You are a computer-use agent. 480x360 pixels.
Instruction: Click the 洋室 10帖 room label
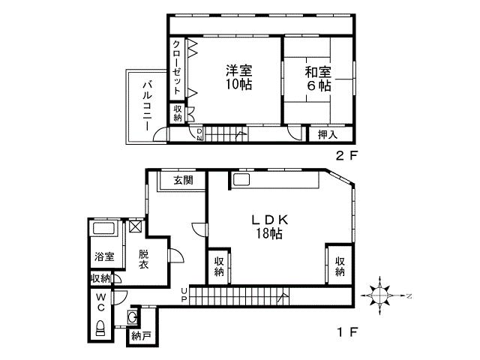(238, 77)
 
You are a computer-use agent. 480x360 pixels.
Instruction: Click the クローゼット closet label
(176, 65)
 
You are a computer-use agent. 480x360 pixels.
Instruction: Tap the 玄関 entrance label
(183, 180)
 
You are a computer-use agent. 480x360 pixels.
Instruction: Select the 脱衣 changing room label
(144, 259)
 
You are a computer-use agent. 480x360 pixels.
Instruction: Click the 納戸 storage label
(140, 335)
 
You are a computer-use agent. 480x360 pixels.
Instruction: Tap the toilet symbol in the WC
(100, 327)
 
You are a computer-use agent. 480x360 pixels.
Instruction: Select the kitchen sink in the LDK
(241, 181)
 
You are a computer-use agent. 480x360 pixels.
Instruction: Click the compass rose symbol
(382, 295)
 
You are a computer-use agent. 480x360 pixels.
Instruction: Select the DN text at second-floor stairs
(199, 134)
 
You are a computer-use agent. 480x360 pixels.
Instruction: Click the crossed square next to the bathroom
(135, 225)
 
